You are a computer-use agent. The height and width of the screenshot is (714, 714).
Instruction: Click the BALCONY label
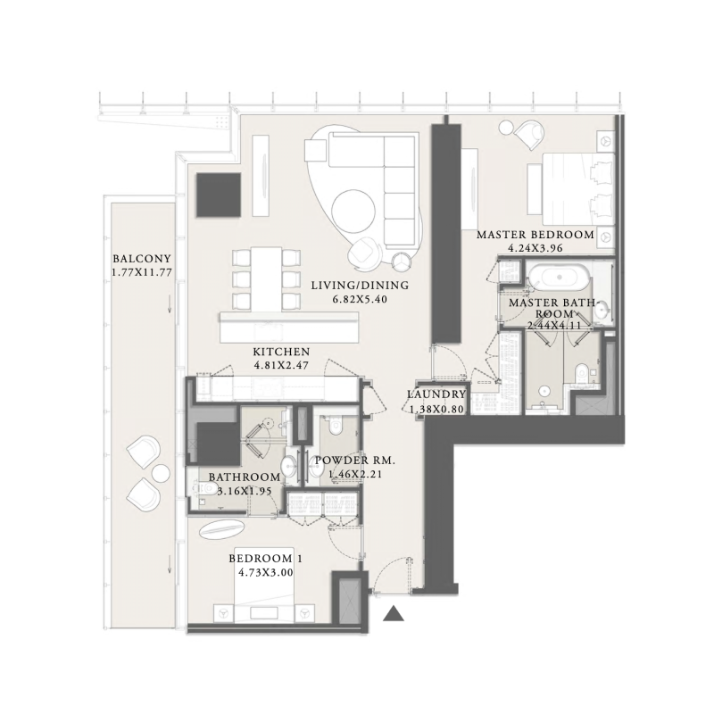click(x=137, y=254)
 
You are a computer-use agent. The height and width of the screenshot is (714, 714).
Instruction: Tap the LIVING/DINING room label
click(x=360, y=286)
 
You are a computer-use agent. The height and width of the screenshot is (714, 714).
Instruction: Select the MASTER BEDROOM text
click(x=535, y=235)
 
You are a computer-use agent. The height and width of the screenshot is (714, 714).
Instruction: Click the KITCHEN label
click(x=281, y=352)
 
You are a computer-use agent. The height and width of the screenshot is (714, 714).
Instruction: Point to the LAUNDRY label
click(x=436, y=394)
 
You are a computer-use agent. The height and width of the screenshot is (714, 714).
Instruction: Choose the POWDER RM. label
click(x=354, y=461)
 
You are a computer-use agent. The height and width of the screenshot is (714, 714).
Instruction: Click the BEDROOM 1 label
click(x=266, y=559)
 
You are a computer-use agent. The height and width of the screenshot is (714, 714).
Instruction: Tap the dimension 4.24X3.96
click(x=535, y=249)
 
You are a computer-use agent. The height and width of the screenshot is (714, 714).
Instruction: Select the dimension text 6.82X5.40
click(x=360, y=300)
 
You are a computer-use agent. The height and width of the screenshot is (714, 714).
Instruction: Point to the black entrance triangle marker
click(x=394, y=613)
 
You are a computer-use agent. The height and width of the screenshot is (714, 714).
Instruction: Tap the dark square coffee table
click(x=219, y=194)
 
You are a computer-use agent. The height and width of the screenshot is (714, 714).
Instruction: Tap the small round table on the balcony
click(x=160, y=471)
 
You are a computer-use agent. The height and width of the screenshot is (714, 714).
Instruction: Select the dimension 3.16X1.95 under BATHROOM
click(x=245, y=490)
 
